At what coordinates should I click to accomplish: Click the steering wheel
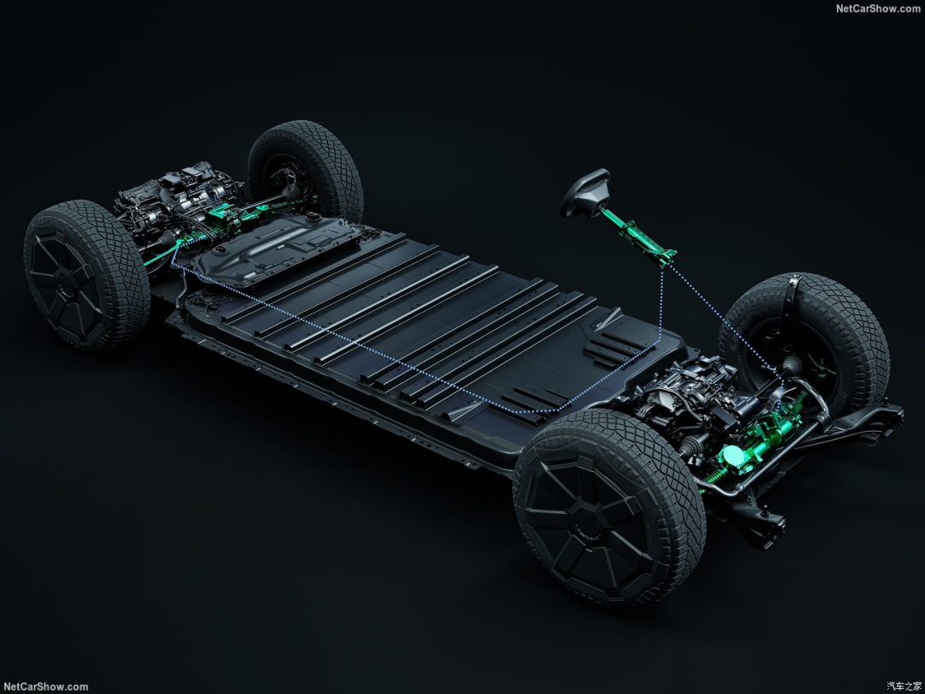click(583, 191)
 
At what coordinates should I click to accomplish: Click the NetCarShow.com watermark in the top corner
click(878, 8)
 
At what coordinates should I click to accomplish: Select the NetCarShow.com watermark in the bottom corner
click(45, 687)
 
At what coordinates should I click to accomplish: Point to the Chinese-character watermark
click(904, 686)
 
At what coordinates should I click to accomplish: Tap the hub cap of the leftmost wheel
click(65, 284)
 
